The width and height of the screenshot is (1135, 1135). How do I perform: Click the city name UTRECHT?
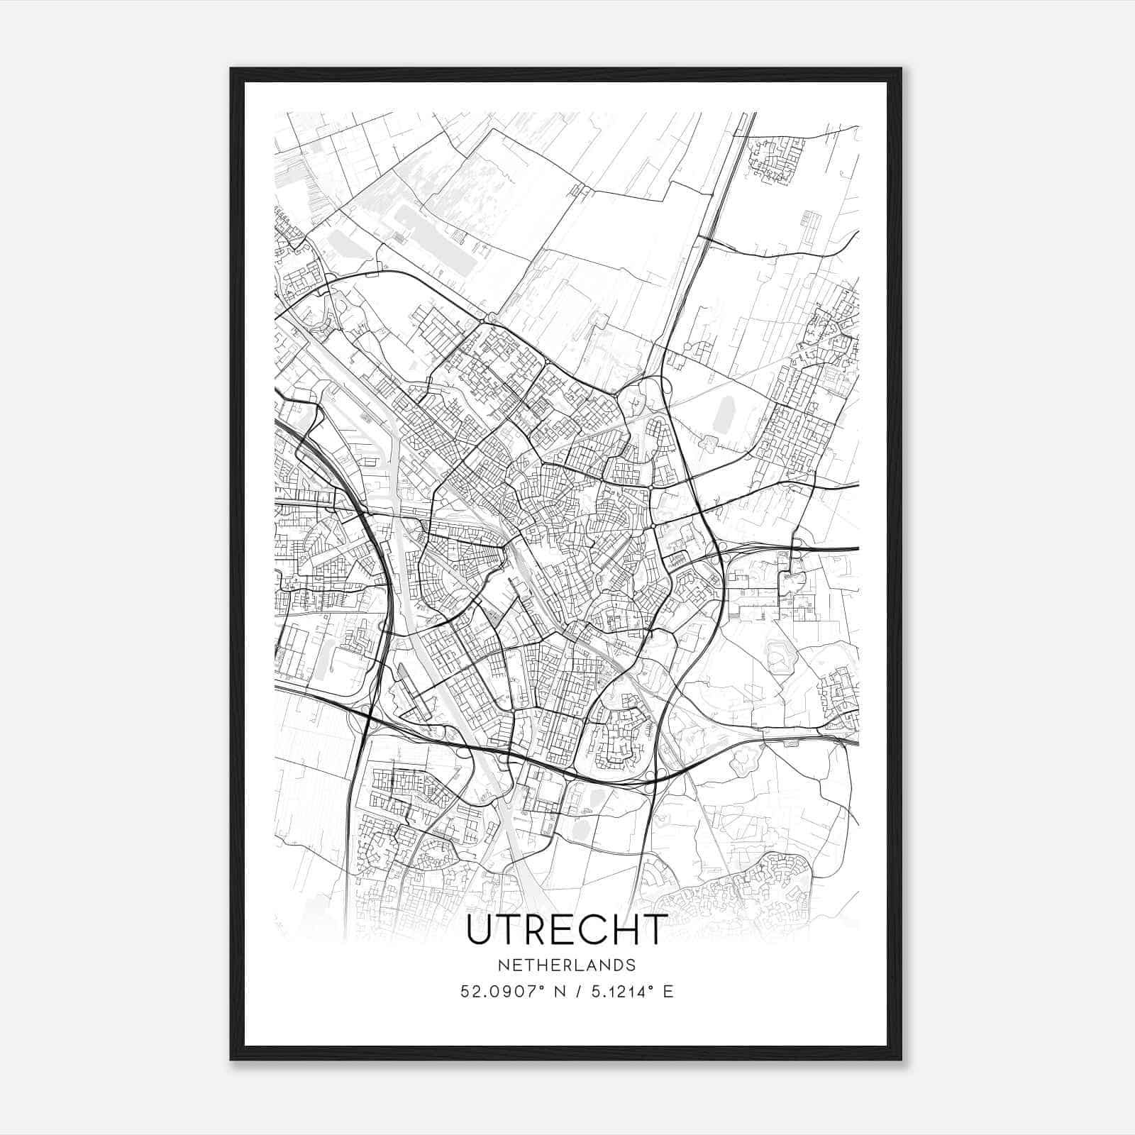(566, 930)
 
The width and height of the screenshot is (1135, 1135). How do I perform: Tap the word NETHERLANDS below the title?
(566, 965)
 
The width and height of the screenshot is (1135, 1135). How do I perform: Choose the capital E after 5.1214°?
(668, 992)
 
